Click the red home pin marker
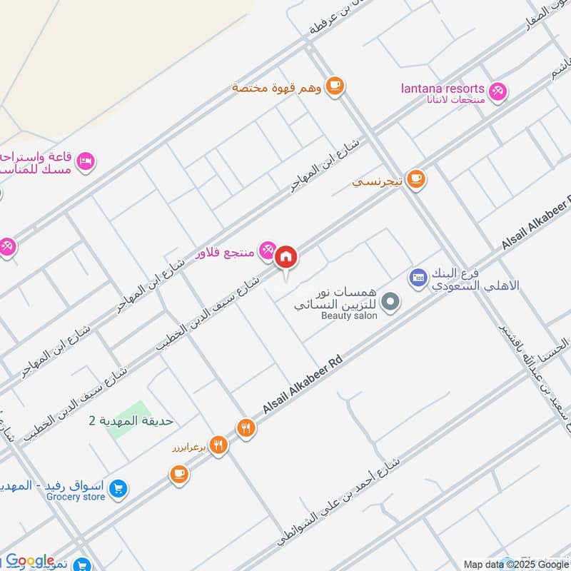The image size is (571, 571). [x=285, y=256]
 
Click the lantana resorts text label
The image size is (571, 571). [x=443, y=89]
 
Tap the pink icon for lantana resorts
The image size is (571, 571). [x=497, y=91]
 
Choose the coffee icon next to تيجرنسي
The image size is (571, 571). [x=417, y=180]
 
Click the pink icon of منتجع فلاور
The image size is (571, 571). [x=267, y=248]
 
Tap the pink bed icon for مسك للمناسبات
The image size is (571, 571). [x=85, y=161]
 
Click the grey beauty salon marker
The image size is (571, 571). [x=390, y=303]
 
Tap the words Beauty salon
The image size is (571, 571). [x=348, y=315]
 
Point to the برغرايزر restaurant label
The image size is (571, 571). [x=188, y=448]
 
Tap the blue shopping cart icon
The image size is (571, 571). [x=118, y=489]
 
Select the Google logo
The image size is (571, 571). [x=30, y=561]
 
